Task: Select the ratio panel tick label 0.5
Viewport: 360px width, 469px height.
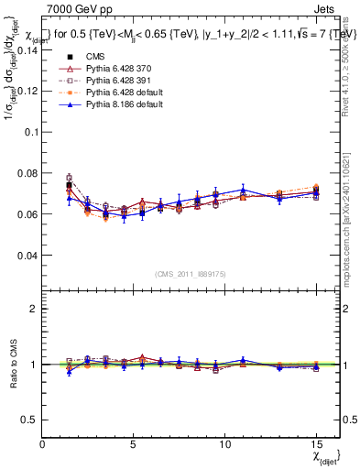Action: point(29,420)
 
